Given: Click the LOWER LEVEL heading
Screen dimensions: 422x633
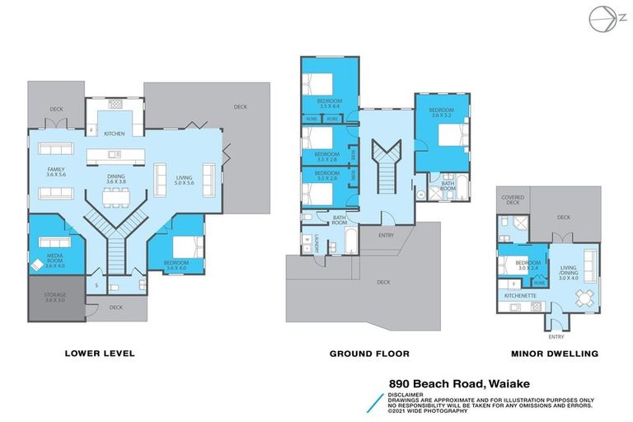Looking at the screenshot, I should (99, 354).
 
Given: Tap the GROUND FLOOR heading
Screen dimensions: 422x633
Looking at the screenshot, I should (369, 354).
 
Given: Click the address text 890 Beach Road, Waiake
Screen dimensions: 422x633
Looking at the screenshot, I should (460, 383).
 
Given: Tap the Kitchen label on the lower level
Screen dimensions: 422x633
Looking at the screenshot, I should (114, 133).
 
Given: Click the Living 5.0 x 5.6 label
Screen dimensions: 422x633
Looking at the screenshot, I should (183, 180).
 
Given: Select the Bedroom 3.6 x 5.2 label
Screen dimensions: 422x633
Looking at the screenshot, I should (441, 113).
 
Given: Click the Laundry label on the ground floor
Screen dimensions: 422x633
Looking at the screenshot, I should (316, 242).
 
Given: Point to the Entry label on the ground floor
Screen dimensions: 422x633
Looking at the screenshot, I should (385, 235).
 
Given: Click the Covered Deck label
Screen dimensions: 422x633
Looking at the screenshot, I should (513, 200).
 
